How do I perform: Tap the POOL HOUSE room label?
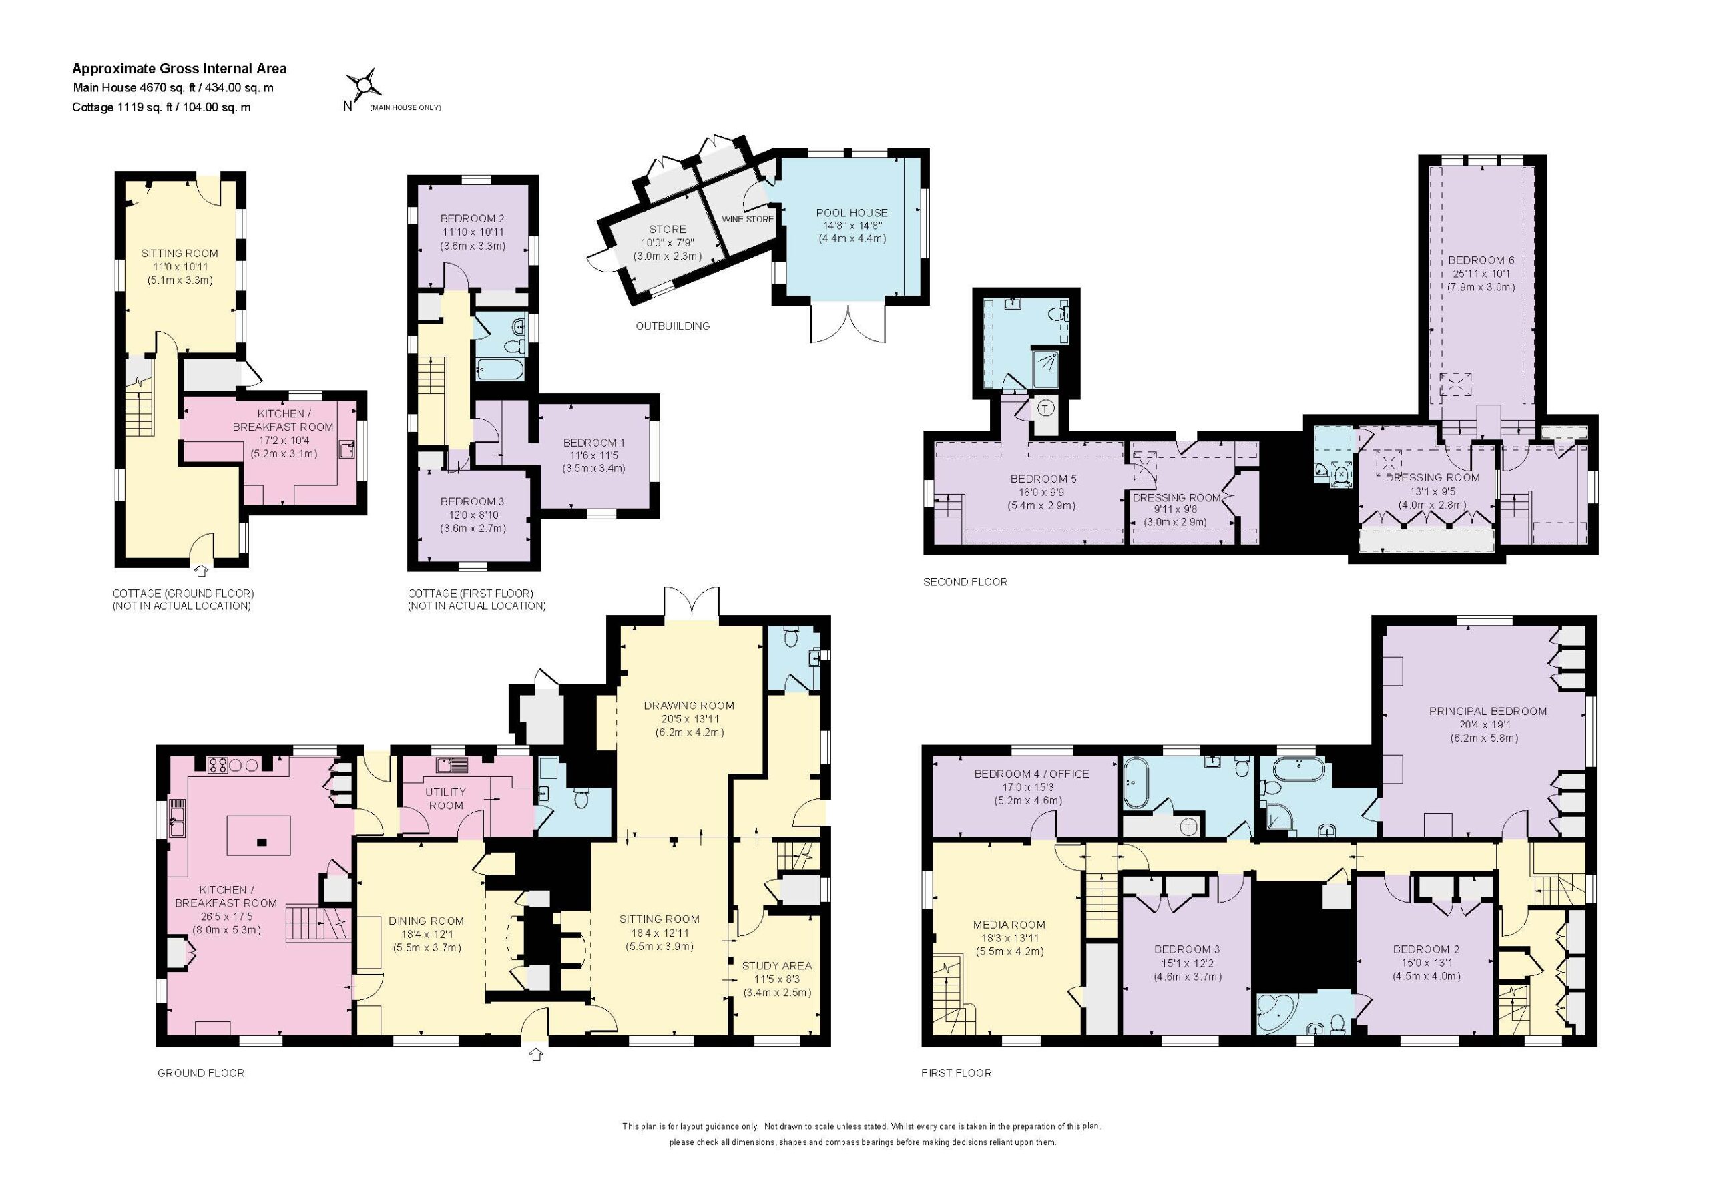click(852, 213)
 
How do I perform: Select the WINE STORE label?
click(747, 220)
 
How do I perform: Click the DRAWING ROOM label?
click(688, 706)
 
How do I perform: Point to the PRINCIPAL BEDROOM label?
click(1487, 712)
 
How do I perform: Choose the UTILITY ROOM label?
click(445, 799)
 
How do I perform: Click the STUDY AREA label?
click(776, 966)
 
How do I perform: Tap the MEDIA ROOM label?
click(1009, 925)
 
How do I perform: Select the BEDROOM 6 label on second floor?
click(1481, 261)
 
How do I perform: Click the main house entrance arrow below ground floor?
click(536, 1054)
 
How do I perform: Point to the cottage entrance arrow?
click(201, 571)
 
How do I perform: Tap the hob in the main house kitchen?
click(217, 766)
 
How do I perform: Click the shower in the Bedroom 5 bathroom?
click(1045, 369)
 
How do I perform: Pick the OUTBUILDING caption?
click(672, 326)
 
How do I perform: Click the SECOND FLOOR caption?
click(965, 582)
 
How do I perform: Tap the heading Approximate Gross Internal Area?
click(180, 69)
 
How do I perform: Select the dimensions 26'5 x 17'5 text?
click(226, 917)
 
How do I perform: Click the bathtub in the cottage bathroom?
click(500, 369)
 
